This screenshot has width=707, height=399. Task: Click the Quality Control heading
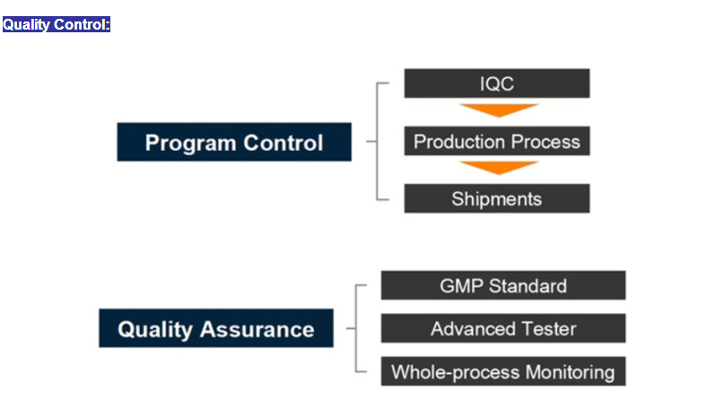tap(57, 24)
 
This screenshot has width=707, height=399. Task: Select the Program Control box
tap(234, 142)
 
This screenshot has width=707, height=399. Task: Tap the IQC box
tap(497, 83)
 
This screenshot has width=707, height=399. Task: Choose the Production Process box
tap(497, 141)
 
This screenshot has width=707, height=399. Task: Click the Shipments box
tap(497, 198)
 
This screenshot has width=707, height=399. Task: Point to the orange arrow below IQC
tap(499, 109)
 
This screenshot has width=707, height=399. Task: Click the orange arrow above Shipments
tap(499, 168)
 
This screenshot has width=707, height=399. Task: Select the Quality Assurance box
tap(216, 328)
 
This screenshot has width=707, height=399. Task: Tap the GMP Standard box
tap(503, 285)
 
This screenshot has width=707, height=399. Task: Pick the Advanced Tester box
tap(503, 328)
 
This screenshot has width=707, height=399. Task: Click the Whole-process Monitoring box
tap(503, 371)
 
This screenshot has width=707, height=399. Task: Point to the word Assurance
tap(257, 330)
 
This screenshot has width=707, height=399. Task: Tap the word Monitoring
tap(570, 373)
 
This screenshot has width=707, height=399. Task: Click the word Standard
tap(528, 286)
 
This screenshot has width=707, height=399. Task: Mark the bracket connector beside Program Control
tap(377, 141)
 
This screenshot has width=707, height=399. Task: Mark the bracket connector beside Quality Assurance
tap(356, 328)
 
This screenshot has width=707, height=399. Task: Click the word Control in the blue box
tap(284, 143)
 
